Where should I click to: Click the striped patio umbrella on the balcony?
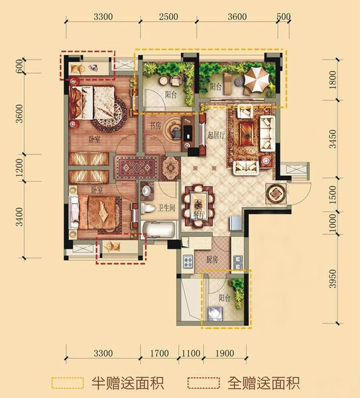tap(256, 80)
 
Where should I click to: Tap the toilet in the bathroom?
tap(147, 208)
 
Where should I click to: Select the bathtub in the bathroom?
tap(158, 230)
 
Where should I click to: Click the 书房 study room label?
tap(155, 126)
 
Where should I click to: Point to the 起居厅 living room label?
tap(216, 135)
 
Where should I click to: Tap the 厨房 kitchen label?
tap(212, 259)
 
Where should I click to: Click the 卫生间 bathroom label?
tap(166, 208)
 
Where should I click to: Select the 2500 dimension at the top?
tap(168, 17)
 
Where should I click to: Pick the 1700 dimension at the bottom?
tap(159, 353)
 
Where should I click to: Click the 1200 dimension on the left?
tap(19, 168)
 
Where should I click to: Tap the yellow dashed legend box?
tap(68, 383)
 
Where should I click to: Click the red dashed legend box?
tap(204, 383)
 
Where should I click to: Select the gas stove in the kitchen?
tap(188, 261)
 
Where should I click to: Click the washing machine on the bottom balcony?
tap(215, 314)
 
